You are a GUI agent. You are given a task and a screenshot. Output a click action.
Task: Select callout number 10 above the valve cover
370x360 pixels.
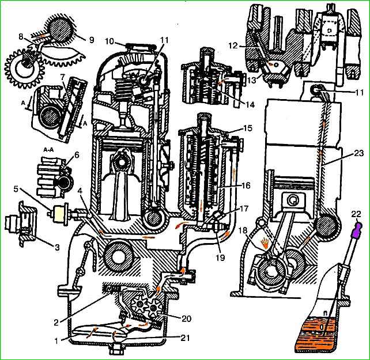tap(110, 41)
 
